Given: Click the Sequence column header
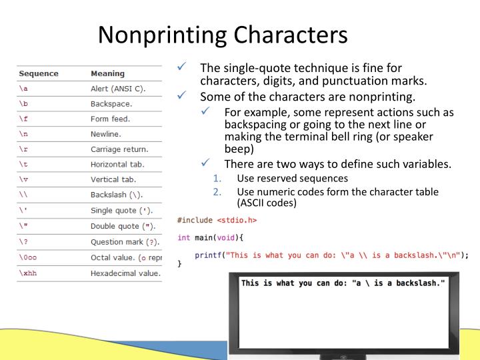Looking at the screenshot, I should (39, 73).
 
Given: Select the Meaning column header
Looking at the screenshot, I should (107, 73).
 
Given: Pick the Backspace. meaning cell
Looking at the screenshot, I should (111, 104).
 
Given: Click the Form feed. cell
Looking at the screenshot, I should (110, 119).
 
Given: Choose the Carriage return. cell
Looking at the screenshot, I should (119, 149).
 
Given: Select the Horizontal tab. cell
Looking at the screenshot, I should (117, 164).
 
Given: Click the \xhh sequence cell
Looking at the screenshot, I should (27, 273).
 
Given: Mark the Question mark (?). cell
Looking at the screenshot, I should (126, 241).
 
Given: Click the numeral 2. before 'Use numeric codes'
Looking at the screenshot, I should (217, 191).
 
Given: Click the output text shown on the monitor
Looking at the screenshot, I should (343, 283).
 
